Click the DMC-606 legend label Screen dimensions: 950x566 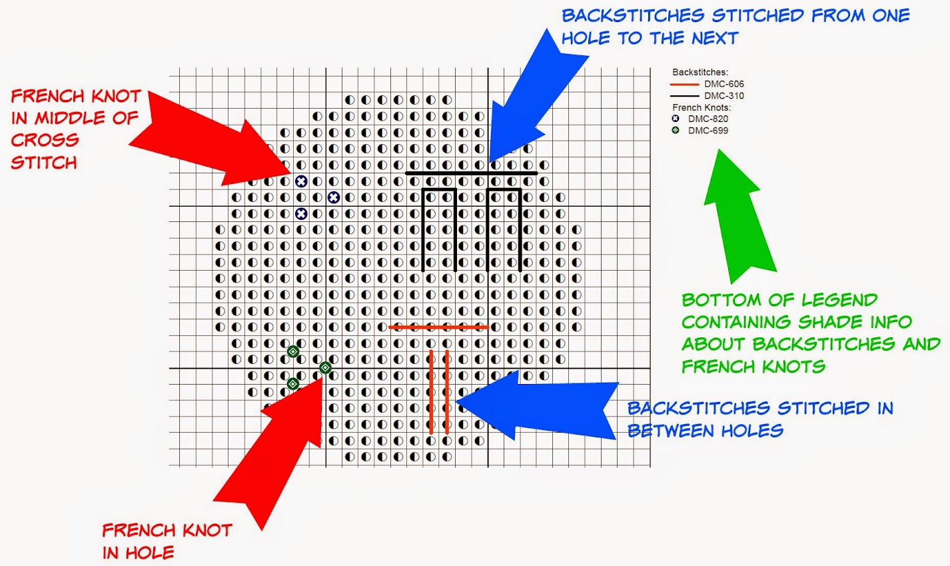pyautogui.click(x=724, y=84)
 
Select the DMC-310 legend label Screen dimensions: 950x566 pyautogui.click(x=724, y=96)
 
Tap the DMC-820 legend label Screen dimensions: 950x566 pyautogui.click(x=708, y=119)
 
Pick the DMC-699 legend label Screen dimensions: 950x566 pyautogui.click(x=708, y=131)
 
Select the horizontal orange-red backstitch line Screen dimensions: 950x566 pyautogui.click(x=439, y=327)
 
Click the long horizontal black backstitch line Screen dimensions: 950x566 pyautogui.click(x=472, y=173)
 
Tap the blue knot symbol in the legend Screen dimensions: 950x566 pyautogui.click(x=676, y=119)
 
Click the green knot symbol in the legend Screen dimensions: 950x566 pyautogui.click(x=676, y=130)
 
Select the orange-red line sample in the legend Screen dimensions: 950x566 pyautogui.click(x=684, y=85)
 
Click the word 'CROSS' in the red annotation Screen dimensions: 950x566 pyautogui.click(x=45, y=140)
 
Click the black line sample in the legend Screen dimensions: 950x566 pyautogui.click(x=684, y=96)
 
